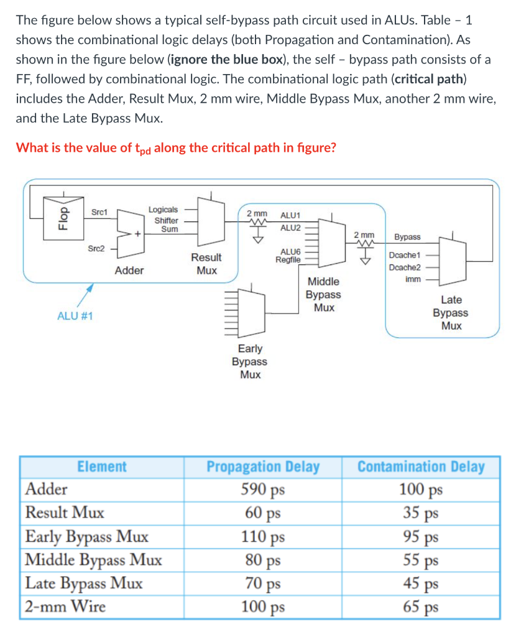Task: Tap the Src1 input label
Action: pos(99,212)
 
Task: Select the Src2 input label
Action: pos(96,248)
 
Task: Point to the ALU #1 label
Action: pos(75,316)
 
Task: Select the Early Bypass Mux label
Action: pos(250,361)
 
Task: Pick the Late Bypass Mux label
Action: pos(451,313)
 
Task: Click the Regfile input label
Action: pos(288,259)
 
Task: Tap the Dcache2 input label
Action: pos(405,267)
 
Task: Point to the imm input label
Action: pos(412,279)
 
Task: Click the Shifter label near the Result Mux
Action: pos(166,220)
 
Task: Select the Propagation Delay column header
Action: pos(263,467)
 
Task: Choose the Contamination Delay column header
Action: pos(421,467)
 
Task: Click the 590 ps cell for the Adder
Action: pos(263,490)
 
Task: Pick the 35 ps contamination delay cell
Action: pos(421,513)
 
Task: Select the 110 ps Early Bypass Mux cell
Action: pos(263,536)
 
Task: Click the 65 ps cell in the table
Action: pos(421,607)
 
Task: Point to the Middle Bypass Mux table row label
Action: pos(94,560)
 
